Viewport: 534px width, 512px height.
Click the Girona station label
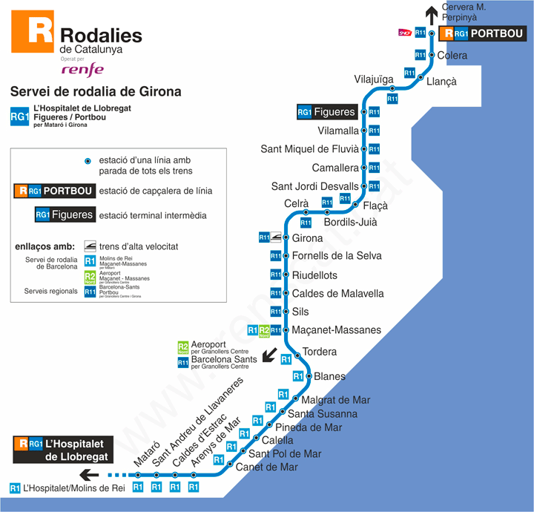click(x=307, y=238)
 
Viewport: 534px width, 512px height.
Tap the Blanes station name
click(x=329, y=376)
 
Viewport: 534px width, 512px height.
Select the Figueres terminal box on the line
click(x=326, y=112)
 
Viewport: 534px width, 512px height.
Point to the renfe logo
click(x=82, y=70)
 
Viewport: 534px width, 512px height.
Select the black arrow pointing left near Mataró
click(x=90, y=475)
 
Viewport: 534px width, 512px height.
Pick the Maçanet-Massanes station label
click(x=336, y=329)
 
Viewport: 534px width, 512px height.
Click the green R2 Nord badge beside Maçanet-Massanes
click(x=263, y=330)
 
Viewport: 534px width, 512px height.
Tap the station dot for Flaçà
click(x=356, y=205)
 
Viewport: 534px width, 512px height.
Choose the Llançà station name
click(x=441, y=82)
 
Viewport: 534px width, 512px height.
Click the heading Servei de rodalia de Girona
click(x=96, y=92)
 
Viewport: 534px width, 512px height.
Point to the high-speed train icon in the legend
click(x=90, y=246)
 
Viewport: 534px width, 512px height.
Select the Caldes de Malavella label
click(x=337, y=294)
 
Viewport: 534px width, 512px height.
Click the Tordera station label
click(x=320, y=352)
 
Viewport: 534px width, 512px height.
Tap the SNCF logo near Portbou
click(x=405, y=33)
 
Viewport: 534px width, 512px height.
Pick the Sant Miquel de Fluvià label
click(x=309, y=149)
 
